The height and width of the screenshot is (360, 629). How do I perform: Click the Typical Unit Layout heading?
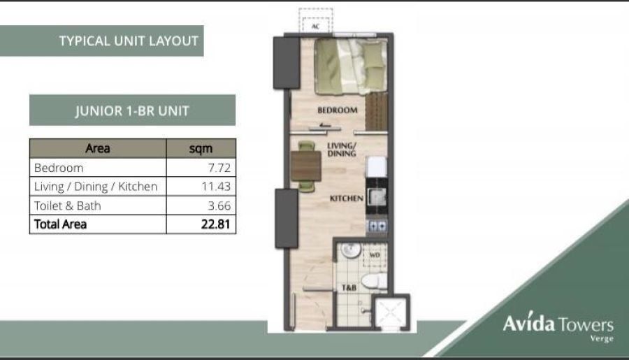tap(129, 41)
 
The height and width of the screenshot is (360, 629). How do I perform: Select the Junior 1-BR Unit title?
tap(132, 110)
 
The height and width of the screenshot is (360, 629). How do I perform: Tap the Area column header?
tap(97, 148)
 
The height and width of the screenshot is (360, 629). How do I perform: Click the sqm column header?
tap(201, 149)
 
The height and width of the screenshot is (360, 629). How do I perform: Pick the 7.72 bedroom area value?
tap(219, 168)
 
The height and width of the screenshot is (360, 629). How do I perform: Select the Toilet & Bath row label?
tap(67, 206)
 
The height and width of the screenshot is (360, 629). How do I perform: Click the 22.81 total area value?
tap(216, 224)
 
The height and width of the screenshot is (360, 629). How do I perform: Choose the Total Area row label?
tap(60, 224)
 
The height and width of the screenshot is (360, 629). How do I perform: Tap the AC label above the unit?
tap(315, 27)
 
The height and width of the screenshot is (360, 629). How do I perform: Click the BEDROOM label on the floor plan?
tap(338, 110)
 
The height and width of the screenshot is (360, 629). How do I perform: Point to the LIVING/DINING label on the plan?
tap(341, 150)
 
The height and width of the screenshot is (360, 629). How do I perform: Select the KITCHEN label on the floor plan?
tap(347, 199)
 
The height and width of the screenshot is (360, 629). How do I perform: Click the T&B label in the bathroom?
tap(349, 288)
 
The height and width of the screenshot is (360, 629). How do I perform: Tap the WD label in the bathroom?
tap(375, 255)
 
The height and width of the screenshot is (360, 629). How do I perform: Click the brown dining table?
tap(305, 166)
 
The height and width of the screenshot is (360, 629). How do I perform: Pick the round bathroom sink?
tap(351, 250)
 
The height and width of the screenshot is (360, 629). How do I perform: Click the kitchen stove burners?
tap(377, 226)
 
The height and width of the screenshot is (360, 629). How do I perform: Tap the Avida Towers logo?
tap(558, 326)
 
